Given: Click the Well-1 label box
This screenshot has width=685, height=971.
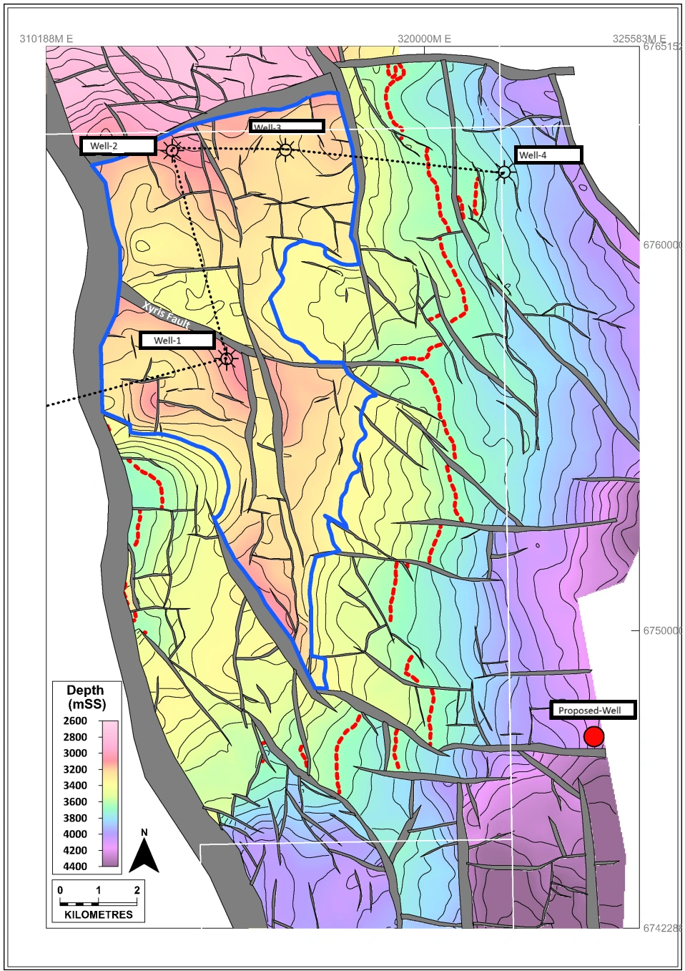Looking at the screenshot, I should tap(177, 341).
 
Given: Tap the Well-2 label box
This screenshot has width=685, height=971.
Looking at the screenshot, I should tap(118, 146).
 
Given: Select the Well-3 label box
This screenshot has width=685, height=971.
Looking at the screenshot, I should tap(287, 127).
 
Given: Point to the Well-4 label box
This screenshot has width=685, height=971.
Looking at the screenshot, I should tap(548, 155).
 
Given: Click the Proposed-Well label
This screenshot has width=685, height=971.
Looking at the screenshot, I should tap(592, 711).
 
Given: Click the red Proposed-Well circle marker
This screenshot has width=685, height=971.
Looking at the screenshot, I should tap(593, 736).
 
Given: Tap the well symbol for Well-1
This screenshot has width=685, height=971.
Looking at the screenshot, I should tap(227, 358).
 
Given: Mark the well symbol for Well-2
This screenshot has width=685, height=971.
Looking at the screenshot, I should tap(172, 150).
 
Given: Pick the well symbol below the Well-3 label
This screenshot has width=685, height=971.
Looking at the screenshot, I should tap(285, 150).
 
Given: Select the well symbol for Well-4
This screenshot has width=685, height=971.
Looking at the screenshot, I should tap(505, 172).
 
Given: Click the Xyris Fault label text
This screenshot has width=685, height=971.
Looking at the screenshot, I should tap(166, 314).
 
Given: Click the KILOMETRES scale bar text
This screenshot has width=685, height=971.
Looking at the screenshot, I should tap(99, 914).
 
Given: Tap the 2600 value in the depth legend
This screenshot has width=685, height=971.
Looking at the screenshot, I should tap(75, 721).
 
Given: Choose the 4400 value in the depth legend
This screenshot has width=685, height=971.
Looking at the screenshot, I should tap(75, 867).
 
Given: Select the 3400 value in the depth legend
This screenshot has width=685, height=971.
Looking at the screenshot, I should tap(75, 786).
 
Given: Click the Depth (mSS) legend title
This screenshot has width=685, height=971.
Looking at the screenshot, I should tap(85, 697).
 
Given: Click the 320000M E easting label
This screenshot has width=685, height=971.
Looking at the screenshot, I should tap(424, 39).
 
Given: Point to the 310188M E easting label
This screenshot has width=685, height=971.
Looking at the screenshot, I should tap(46, 39).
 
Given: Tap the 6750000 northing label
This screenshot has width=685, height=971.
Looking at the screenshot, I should tap(661, 630).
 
